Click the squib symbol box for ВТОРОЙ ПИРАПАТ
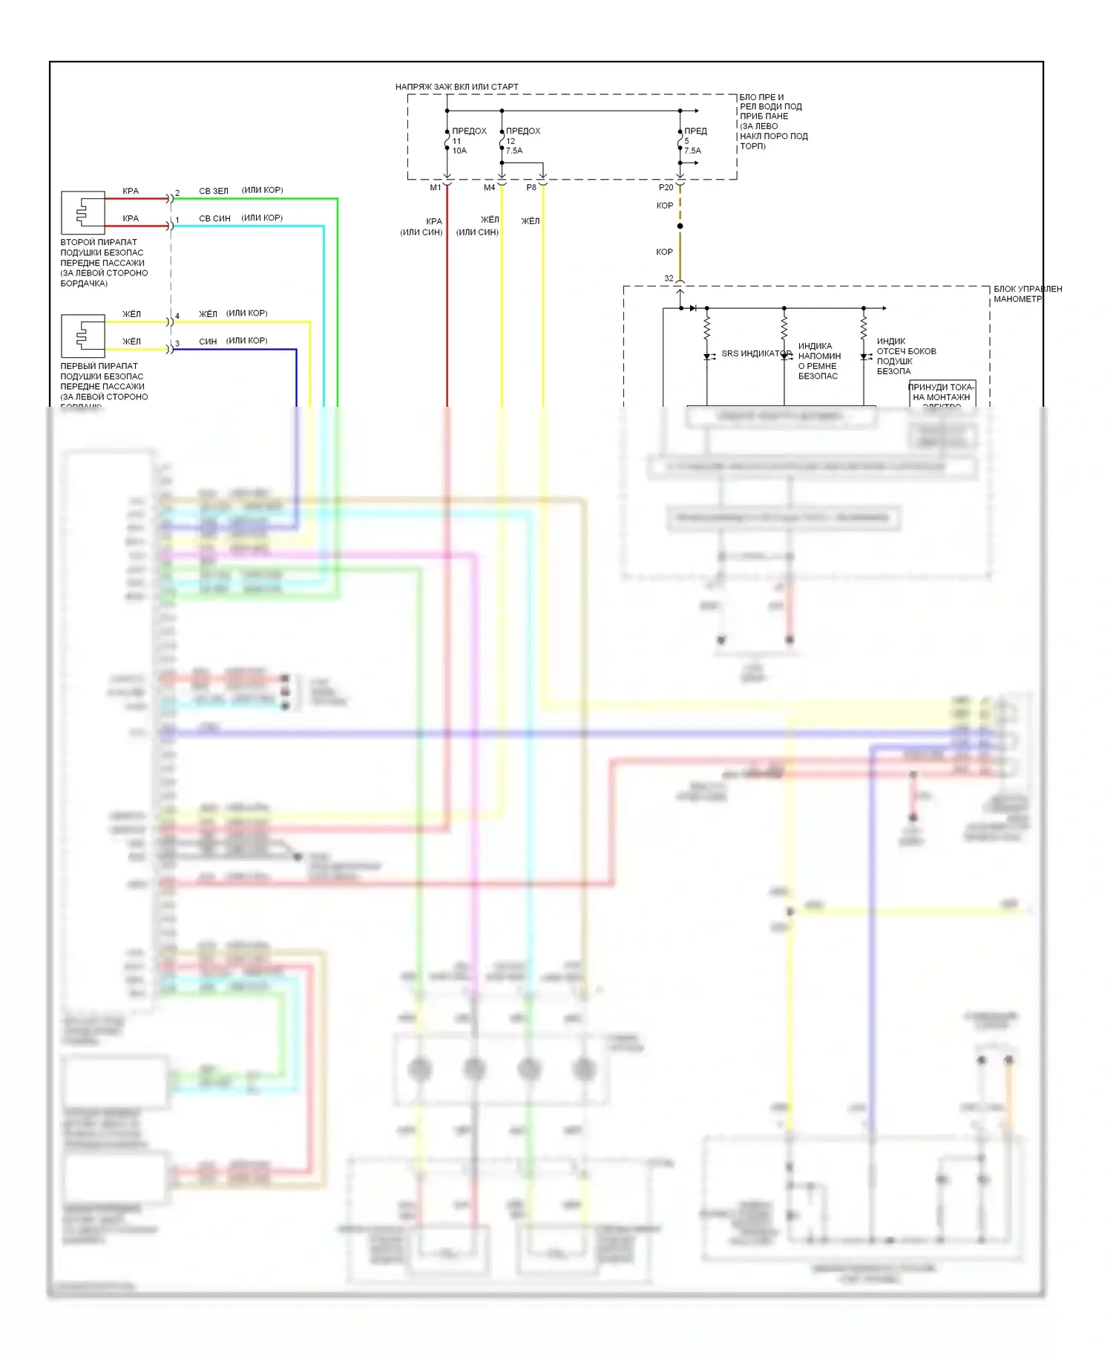pyautogui.click(x=82, y=213)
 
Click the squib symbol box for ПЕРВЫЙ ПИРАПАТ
pyautogui.click(x=82, y=336)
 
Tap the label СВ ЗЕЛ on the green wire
pyautogui.click(x=214, y=191)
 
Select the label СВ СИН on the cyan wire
pyautogui.click(x=214, y=218)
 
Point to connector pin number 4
pyautogui.click(x=177, y=316)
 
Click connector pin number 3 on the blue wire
pyautogui.click(x=177, y=344)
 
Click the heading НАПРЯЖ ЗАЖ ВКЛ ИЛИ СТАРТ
pyautogui.click(x=456, y=87)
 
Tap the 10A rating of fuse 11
pyautogui.click(x=459, y=151)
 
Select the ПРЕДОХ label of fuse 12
pyautogui.click(x=523, y=131)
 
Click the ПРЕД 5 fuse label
pyautogui.click(x=695, y=131)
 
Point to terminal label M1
pyautogui.click(x=436, y=188)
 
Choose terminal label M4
pyautogui.click(x=490, y=188)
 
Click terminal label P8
pyautogui.click(x=531, y=188)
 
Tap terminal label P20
pyautogui.click(x=666, y=188)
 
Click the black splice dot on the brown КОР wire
pyautogui.click(x=680, y=226)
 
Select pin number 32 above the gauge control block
pyautogui.click(x=669, y=278)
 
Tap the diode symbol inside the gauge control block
pyautogui.click(x=692, y=308)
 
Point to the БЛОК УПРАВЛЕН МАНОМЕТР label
pyautogui.click(x=1028, y=294)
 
